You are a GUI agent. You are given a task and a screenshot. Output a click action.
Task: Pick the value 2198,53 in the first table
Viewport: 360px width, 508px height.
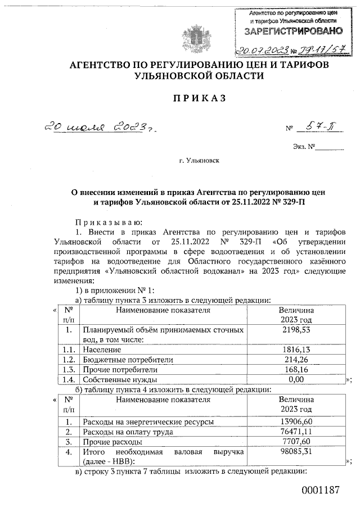[296, 329]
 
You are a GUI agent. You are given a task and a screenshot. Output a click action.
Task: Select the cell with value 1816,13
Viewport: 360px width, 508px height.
[296, 349]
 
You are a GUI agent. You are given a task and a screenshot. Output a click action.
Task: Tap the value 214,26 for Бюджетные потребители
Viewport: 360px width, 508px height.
[296, 359]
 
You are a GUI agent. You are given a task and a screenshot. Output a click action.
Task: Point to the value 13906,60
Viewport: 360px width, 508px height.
[296, 421]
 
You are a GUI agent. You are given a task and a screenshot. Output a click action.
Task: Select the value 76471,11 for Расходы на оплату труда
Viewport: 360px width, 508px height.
[296, 432]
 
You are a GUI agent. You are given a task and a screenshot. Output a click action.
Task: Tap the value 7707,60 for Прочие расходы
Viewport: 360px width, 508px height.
[296, 442]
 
